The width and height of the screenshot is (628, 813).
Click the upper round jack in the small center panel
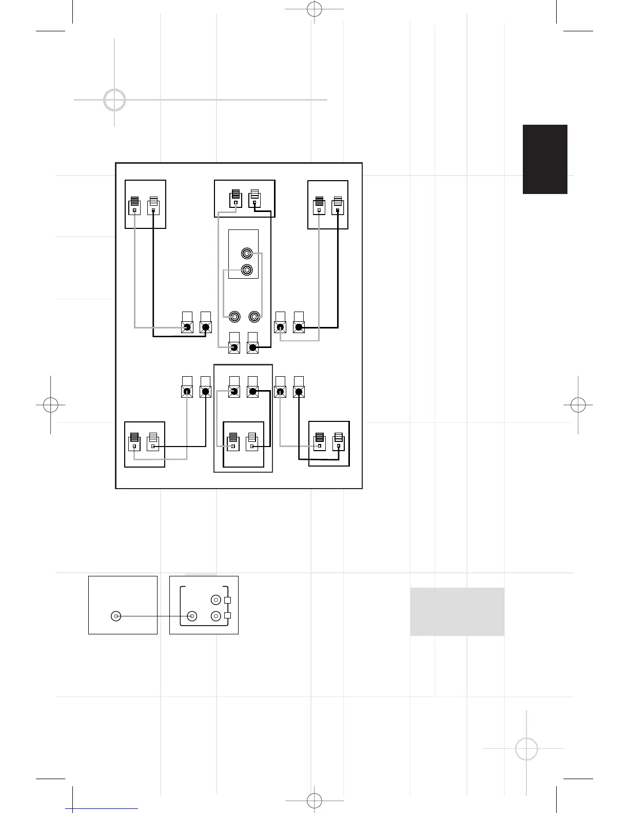click(247, 254)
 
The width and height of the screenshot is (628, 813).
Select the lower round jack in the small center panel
click(247, 270)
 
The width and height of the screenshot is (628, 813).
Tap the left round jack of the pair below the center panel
click(235, 317)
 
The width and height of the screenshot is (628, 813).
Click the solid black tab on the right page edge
click(545, 159)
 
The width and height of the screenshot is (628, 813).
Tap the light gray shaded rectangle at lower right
click(457, 612)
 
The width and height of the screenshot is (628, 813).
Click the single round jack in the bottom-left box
click(116, 616)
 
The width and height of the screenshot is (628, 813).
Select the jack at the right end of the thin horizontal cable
click(192, 616)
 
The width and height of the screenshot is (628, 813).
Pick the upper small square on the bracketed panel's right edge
click(228, 600)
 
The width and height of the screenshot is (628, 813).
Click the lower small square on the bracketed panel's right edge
click(228, 615)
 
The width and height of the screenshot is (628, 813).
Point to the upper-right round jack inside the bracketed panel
click(216, 600)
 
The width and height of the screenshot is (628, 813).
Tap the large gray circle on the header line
click(114, 100)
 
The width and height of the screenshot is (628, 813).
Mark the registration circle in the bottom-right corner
click(526, 749)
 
